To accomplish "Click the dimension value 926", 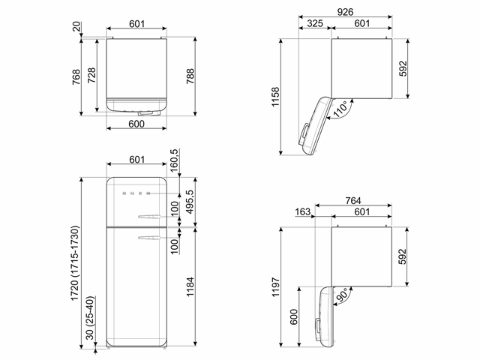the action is [345, 12].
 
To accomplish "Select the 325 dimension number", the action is [315, 23].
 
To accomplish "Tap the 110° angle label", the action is [340, 109].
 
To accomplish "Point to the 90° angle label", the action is [341, 295].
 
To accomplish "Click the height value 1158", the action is [275, 97].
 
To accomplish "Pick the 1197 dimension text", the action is [275, 286].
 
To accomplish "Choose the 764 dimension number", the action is [353, 200].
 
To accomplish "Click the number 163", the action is [302, 211].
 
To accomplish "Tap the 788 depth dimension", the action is [190, 76].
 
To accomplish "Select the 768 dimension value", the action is [76, 76].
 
